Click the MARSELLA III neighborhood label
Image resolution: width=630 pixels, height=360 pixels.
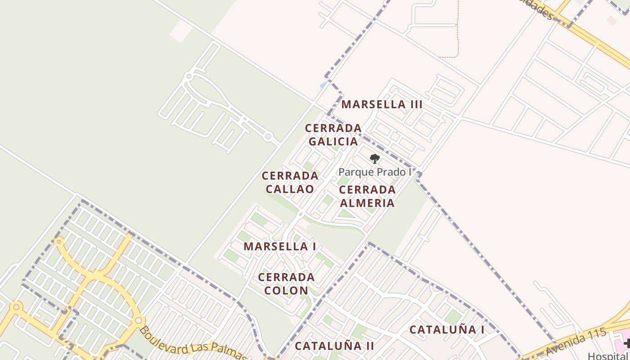382,104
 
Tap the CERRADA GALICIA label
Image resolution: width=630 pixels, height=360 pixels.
333,135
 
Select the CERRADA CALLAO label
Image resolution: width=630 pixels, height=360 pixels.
290,182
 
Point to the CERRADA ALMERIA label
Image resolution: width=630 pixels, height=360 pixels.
367,196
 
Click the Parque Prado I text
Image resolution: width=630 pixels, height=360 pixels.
375,172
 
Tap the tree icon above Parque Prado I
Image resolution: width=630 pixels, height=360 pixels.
374,158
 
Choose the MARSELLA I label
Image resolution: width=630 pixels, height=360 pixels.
279,247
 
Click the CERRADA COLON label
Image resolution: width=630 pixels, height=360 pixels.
286,283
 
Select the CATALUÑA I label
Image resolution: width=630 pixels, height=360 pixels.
447,330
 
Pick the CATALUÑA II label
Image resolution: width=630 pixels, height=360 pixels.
334,346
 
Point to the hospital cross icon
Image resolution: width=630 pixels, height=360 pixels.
627,344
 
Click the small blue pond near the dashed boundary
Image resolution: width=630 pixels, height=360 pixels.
323,85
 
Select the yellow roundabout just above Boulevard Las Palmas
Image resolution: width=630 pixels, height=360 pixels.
138,320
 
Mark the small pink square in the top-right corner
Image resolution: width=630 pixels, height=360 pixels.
612,20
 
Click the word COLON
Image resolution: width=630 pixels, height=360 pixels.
286,290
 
